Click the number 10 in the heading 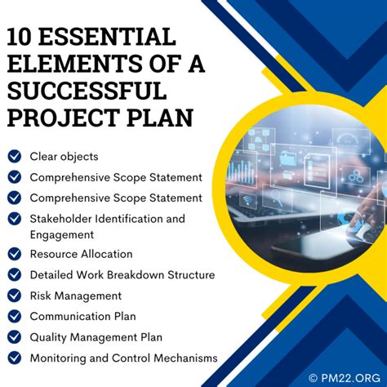(25, 37)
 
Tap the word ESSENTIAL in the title (112, 37)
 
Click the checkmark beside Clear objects (15, 155)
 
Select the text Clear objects (64, 155)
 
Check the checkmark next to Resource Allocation (15, 255)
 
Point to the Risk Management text (75, 296)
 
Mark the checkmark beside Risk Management (15, 296)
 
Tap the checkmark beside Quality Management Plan (15, 336)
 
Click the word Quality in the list (48, 336)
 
